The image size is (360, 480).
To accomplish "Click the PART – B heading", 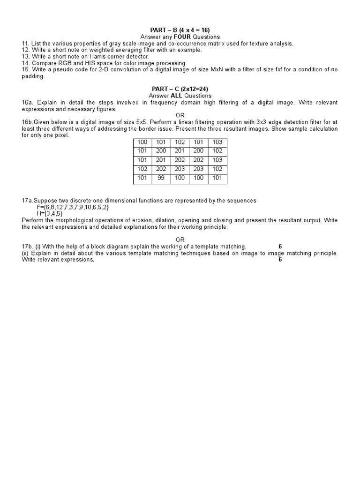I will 180,30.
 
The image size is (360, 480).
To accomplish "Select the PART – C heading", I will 180,89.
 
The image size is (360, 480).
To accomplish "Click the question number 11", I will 25,44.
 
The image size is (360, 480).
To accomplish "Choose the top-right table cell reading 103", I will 217,142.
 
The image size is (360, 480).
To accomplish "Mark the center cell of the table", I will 180,160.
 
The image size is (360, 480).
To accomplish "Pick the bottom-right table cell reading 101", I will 217,178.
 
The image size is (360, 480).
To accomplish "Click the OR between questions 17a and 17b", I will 180,240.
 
